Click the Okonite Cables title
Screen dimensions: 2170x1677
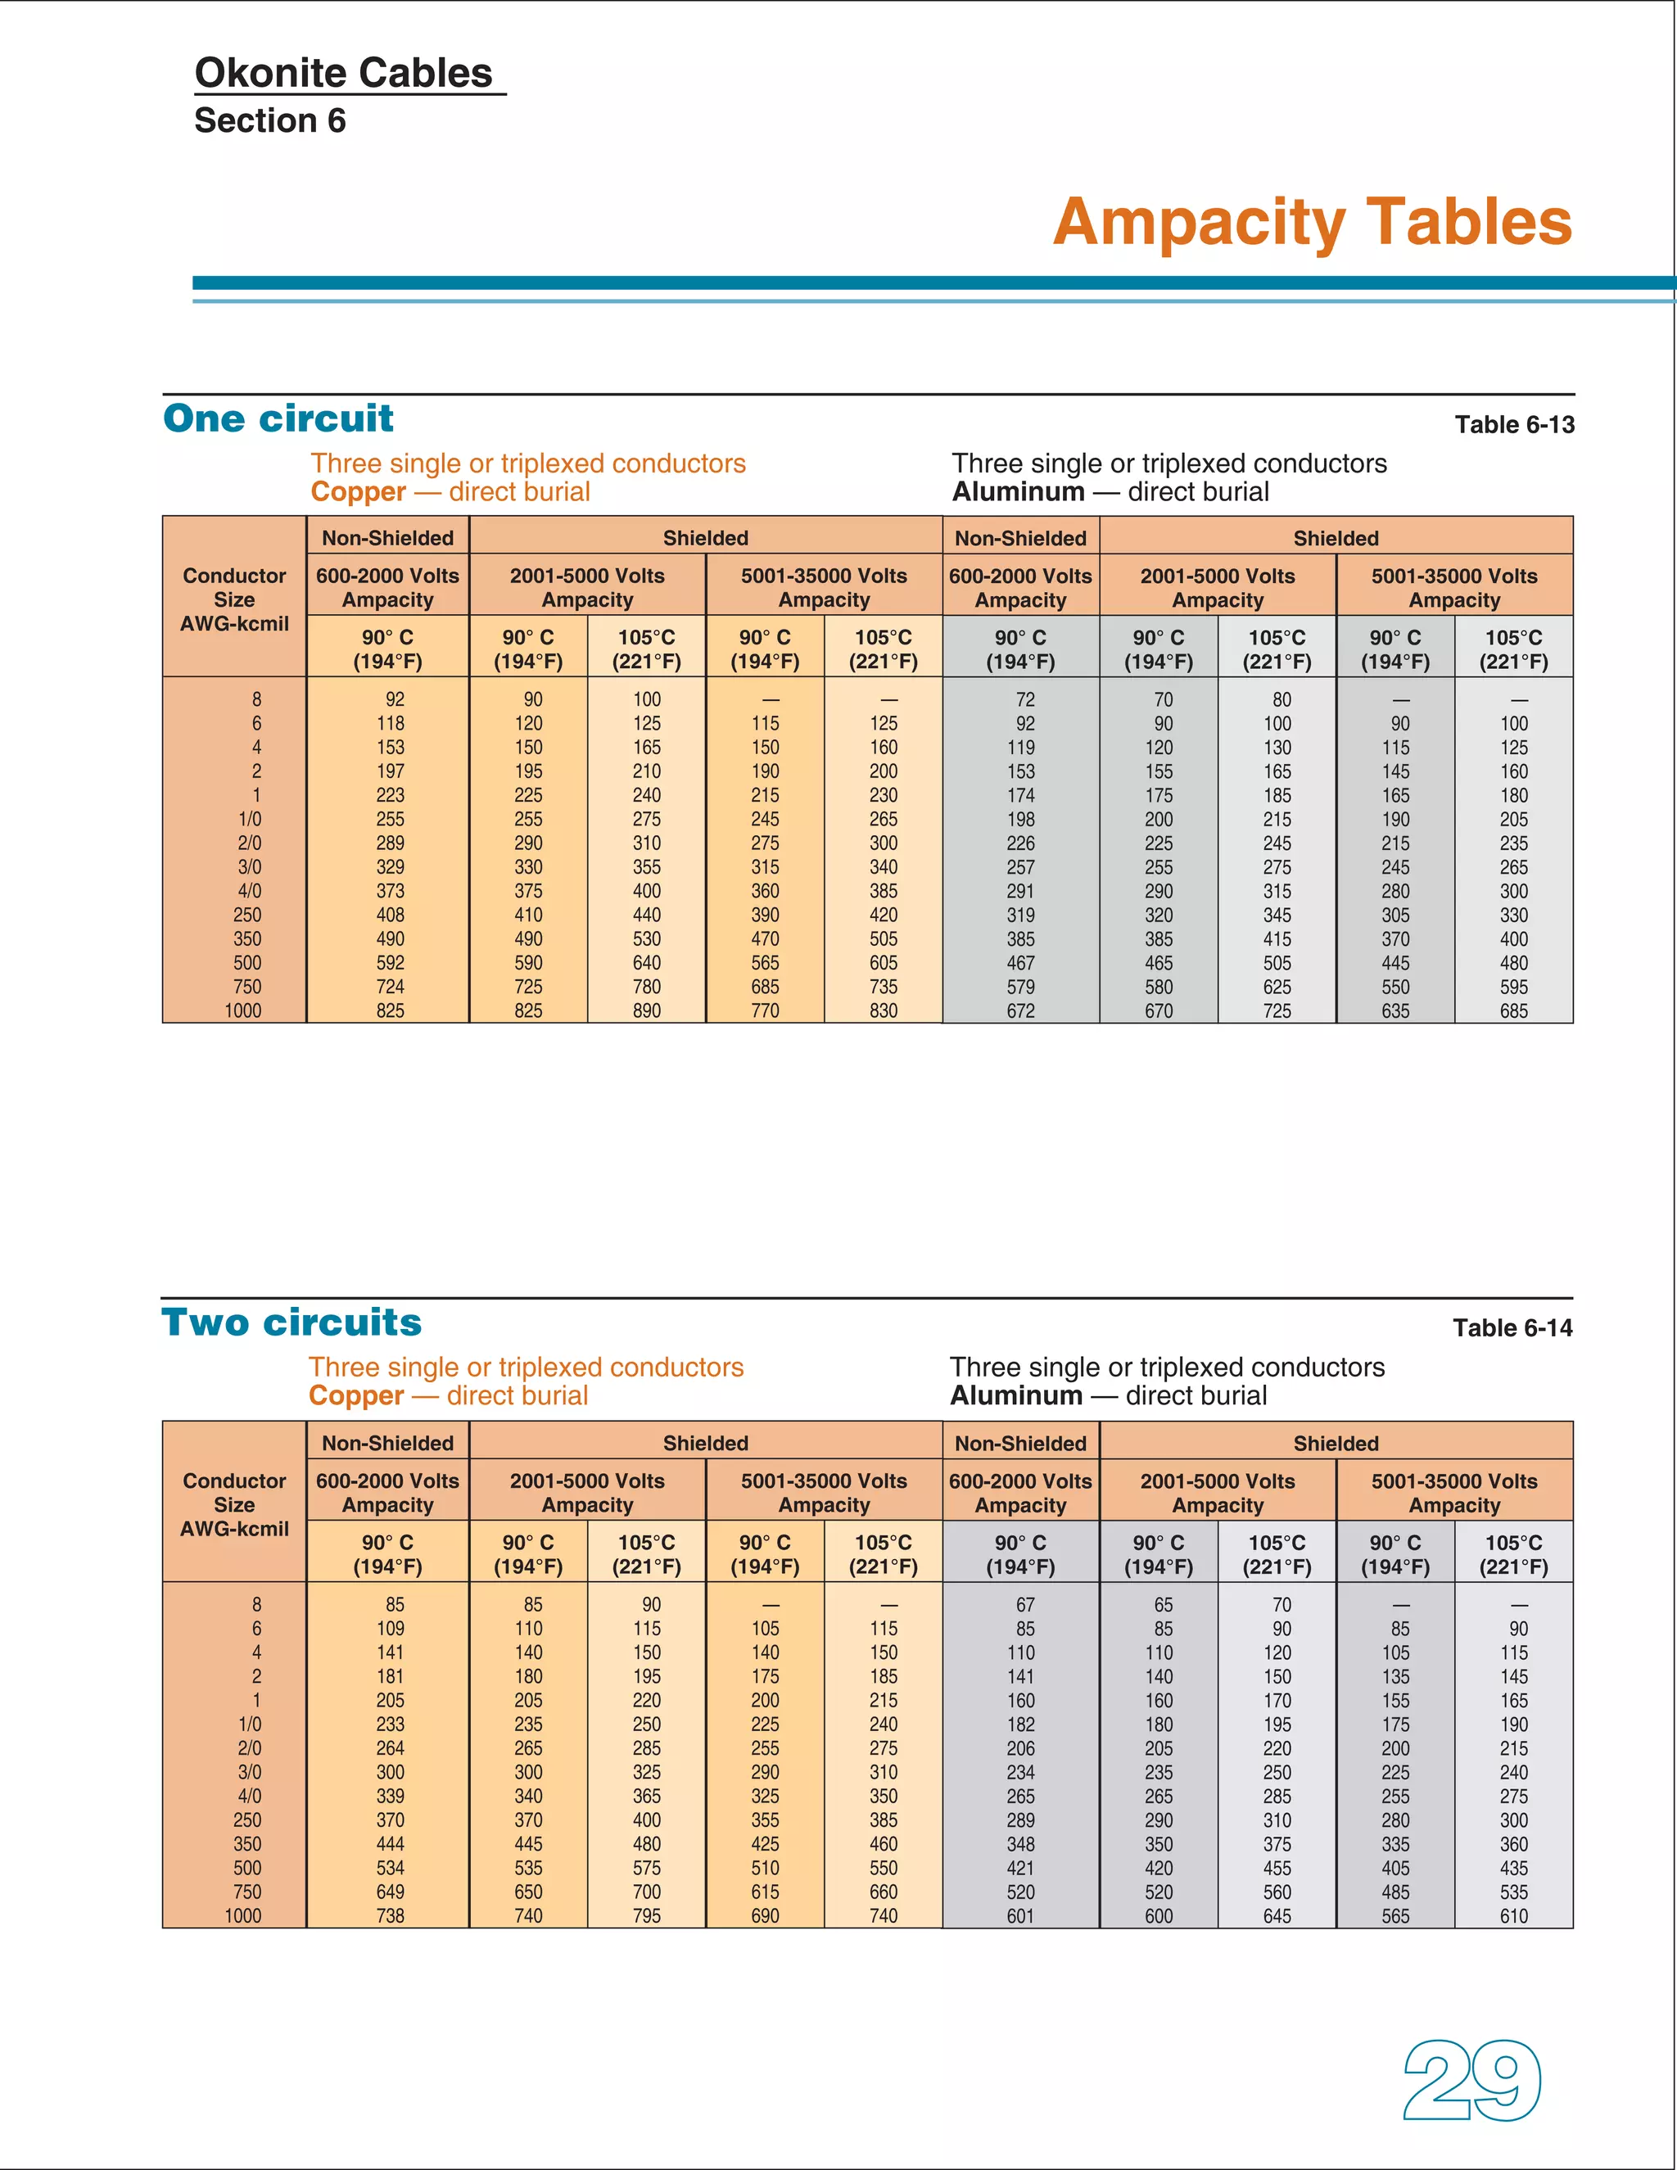pyautogui.click(x=344, y=73)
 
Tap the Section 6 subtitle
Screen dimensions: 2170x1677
pyautogui.click(x=270, y=120)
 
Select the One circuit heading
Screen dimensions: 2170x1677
pyautogui.click(x=278, y=418)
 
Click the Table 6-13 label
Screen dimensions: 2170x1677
pyautogui.click(x=1514, y=425)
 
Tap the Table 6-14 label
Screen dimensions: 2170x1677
pyautogui.click(x=1512, y=1328)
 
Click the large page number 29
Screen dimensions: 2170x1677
pyautogui.click(x=1471, y=2081)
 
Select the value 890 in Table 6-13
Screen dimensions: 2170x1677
pyautogui.click(x=647, y=1010)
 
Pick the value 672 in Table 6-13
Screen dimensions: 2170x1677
pyautogui.click(x=1020, y=1010)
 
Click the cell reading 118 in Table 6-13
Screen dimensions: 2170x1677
pyautogui.click(x=391, y=723)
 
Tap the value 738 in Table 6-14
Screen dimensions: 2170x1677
pyautogui.click(x=391, y=1915)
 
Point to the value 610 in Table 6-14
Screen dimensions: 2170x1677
pyautogui.click(x=1514, y=1915)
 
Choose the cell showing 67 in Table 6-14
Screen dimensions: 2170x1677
pyautogui.click(x=1025, y=1605)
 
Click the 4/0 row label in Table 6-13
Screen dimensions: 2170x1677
pyautogui.click(x=250, y=891)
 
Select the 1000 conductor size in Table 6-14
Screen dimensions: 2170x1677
pyautogui.click(x=243, y=1915)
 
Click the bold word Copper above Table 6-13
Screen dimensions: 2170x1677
pyautogui.click(x=359, y=492)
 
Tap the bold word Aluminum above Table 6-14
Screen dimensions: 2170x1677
pyautogui.click(x=1016, y=1396)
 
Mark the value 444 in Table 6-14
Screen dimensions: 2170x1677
pyautogui.click(x=391, y=1844)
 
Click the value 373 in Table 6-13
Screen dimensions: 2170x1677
pyautogui.click(x=391, y=891)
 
